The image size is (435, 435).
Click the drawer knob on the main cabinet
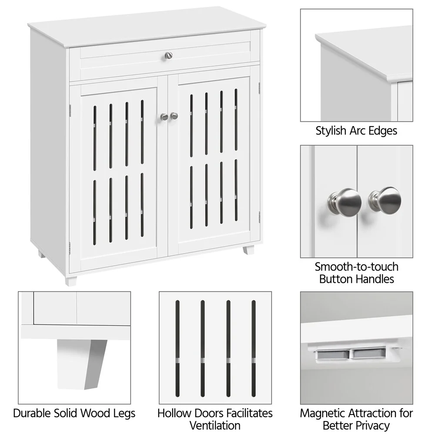coord(168,55)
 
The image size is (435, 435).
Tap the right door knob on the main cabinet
coord(174,116)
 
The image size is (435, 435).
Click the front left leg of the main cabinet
coord(70,280)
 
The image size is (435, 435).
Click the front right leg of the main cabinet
coord(248,250)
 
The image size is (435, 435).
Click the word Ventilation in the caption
coord(215,425)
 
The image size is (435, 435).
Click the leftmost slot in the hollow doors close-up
coord(177,348)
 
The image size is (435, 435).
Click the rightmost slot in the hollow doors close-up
coord(254,348)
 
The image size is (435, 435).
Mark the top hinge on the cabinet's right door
coord(259,88)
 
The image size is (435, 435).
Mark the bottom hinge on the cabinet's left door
coord(70,248)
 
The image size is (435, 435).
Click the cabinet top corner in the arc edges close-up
coord(320,38)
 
